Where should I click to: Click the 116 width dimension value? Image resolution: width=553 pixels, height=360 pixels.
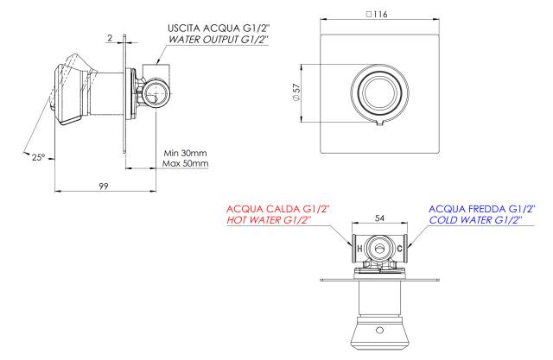[x=380, y=14]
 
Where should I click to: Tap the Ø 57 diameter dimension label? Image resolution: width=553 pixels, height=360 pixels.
[x=296, y=93]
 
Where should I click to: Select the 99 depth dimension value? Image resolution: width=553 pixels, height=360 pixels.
[x=104, y=186]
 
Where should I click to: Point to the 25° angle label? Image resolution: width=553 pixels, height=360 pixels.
[x=38, y=157]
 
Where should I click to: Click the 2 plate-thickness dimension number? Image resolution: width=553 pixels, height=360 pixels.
[x=110, y=38]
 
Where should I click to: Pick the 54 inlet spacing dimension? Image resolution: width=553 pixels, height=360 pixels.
[x=379, y=218]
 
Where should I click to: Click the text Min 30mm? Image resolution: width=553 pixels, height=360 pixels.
[x=185, y=153]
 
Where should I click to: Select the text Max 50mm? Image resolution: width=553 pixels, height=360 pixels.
[x=185, y=163]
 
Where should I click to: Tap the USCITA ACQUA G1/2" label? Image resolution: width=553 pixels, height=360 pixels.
[x=219, y=28]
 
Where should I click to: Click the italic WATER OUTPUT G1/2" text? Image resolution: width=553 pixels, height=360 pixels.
[x=219, y=40]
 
